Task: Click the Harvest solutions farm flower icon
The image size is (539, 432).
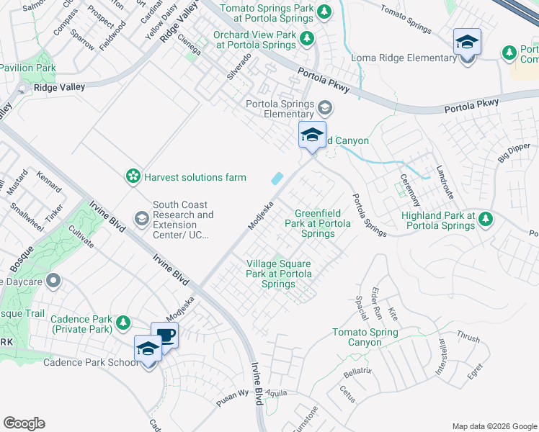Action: (x=133, y=176)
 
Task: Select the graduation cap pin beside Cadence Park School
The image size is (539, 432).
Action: (x=148, y=349)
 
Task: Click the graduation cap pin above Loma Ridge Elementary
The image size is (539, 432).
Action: (x=467, y=42)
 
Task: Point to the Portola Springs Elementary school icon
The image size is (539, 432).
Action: (x=324, y=108)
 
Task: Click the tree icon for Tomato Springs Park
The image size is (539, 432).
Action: (x=324, y=12)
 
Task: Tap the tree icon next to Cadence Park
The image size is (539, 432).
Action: (x=124, y=322)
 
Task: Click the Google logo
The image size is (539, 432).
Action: (x=24, y=423)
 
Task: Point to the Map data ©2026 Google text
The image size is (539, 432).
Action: (x=494, y=426)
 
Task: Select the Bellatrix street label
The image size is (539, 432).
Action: (x=357, y=372)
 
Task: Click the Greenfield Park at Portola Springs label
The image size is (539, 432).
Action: (x=324, y=223)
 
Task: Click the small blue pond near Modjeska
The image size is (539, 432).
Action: (x=277, y=178)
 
